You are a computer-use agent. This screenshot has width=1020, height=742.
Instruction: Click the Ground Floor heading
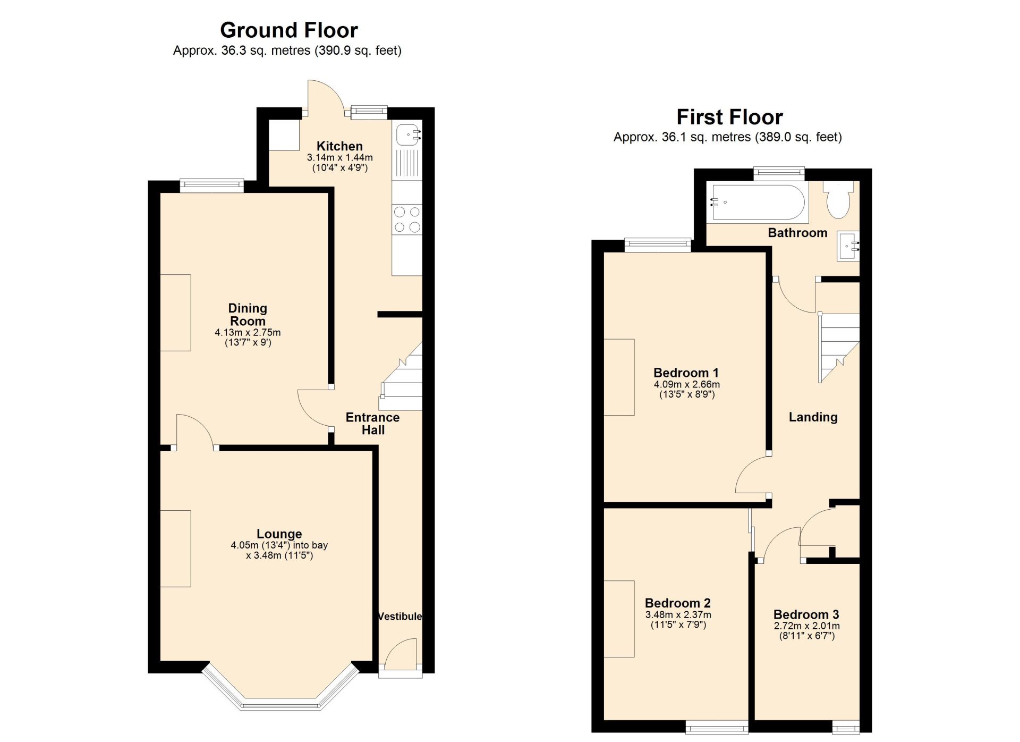click(x=289, y=30)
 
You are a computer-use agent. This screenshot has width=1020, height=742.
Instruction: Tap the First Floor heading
click(x=729, y=117)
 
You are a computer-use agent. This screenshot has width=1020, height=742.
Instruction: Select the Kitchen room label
click(x=339, y=146)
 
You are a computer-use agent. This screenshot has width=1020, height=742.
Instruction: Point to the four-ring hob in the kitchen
click(x=407, y=220)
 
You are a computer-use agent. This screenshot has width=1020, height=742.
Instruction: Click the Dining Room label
click(x=248, y=315)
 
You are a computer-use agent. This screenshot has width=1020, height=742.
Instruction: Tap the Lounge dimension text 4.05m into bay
click(x=279, y=545)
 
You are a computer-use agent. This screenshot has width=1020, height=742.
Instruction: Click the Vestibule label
click(x=400, y=616)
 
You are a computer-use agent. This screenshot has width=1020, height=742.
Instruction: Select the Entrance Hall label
click(x=373, y=424)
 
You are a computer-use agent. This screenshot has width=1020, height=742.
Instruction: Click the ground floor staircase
click(x=402, y=376)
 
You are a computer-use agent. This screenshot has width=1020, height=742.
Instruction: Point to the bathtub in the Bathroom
click(x=758, y=202)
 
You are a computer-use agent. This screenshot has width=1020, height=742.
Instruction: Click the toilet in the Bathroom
click(x=838, y=200)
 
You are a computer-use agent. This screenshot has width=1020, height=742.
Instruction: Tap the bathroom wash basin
click(x=848, y=246)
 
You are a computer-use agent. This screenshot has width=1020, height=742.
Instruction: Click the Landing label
click(x=813, y=417)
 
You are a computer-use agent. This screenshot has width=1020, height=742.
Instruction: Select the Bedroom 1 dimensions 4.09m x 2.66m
click(x=687, y=384)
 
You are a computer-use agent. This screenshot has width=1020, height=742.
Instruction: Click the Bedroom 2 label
click(x=678, y=603)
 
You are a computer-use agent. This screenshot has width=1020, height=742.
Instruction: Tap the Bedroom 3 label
click(x=806, y=614)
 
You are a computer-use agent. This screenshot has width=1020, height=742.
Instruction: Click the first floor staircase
click(x=839, y=348)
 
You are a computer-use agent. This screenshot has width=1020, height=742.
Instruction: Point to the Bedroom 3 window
click(x=846, y=727)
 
